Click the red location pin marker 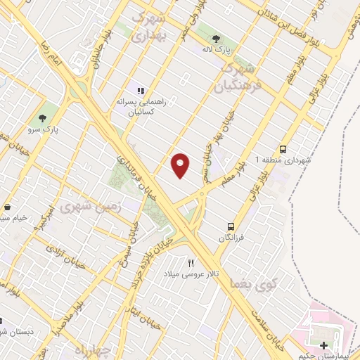(181, 165)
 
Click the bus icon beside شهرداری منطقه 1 (283, 150)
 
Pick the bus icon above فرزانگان (231, 226)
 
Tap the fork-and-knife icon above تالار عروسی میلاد (191, 263)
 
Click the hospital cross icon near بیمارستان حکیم (323, 345)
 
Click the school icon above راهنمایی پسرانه (141, 91)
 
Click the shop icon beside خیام (7, 208)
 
